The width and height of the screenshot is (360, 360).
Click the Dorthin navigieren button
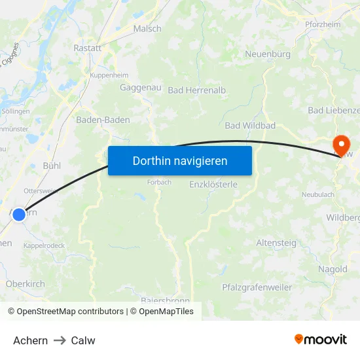[x=180, y=160]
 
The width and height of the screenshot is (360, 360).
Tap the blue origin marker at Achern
[x=19, y=214]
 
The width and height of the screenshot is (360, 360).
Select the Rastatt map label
[x=87, y=48]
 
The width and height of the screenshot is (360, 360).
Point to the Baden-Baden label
[x=103, y=120]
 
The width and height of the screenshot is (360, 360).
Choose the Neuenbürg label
[x=268, y=54]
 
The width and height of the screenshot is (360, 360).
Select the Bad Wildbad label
[x=250, y=125]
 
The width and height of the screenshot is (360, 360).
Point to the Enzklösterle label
[x=213, y=185]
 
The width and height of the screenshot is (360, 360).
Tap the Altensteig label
[x=276, y=243]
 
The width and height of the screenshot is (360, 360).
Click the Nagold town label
[x=333, y=269]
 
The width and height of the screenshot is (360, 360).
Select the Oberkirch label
[x=25, y=283]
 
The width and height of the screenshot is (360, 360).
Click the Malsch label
[x=147, y=29]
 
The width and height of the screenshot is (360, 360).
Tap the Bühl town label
[x=52, y=166]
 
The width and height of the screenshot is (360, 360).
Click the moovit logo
[x=321, y=340]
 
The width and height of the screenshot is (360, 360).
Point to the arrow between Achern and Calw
[x=60, y=341]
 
